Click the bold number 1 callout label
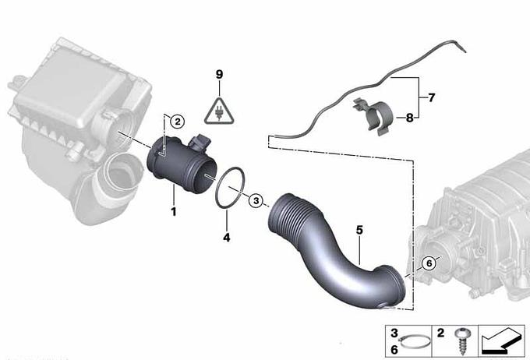pos(174,212)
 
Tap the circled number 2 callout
pos(178,122)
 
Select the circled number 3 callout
pos(256,201)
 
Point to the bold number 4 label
pos(227,238)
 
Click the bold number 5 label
pos(359,230)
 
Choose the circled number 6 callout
pos(429,263)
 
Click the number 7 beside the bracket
pos(431,97)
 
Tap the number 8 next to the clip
pos(410,118)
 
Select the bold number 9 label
pos(219,74)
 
